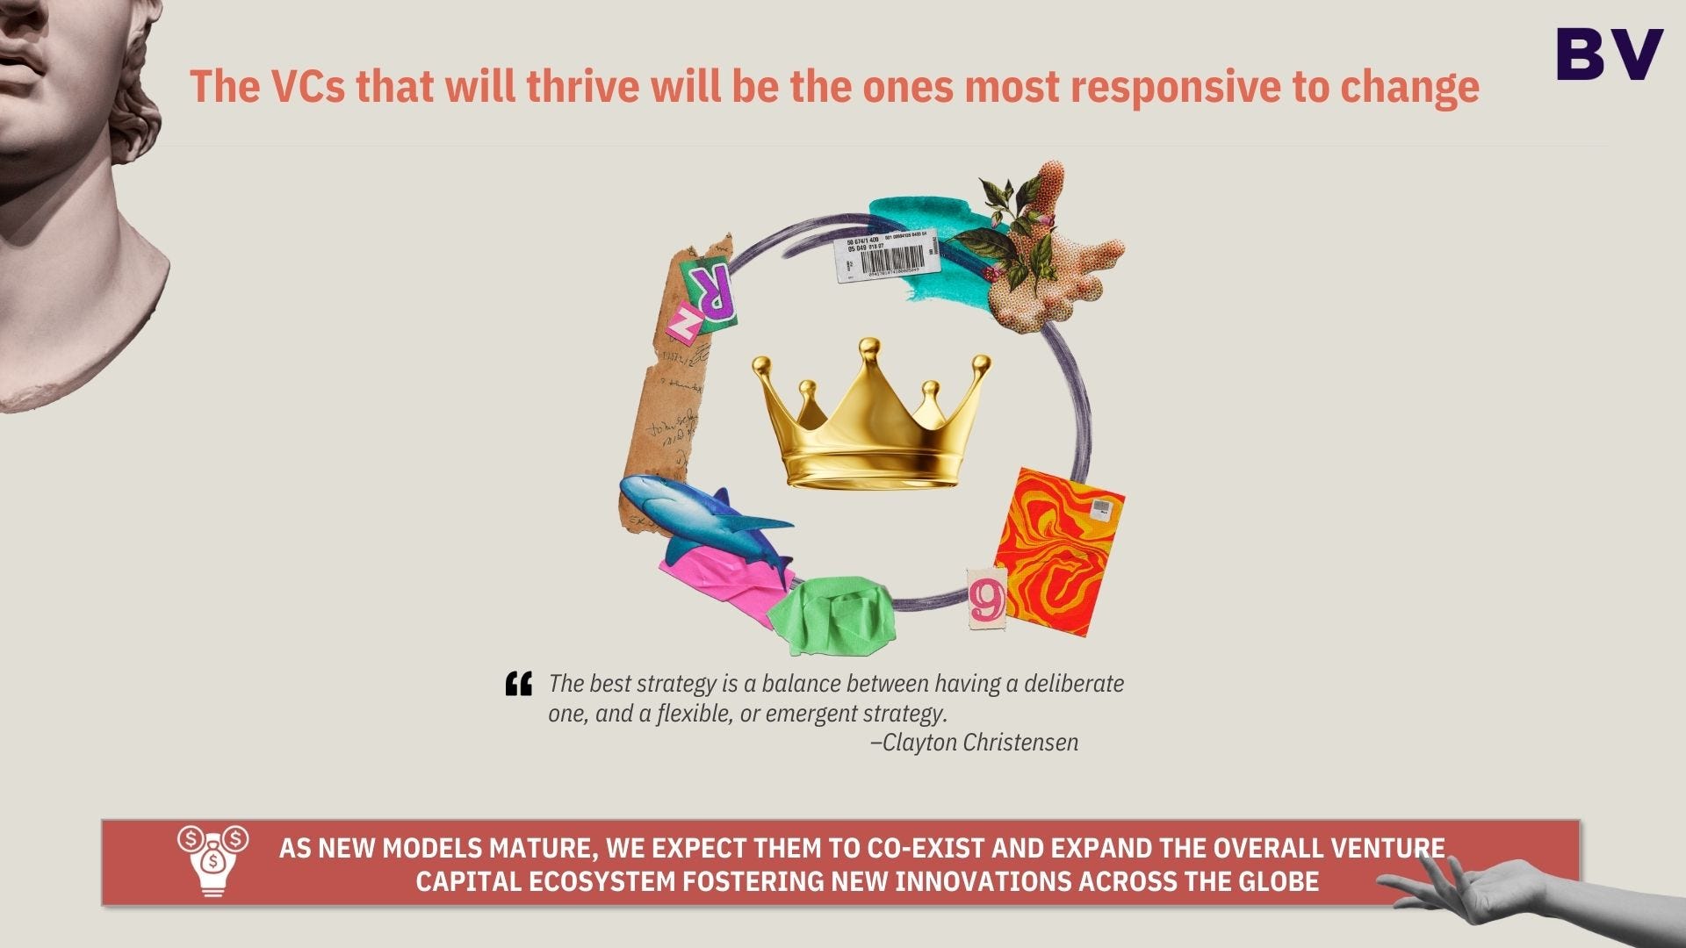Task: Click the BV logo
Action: [x=1610, y=54]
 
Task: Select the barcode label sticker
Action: [x=885, y=255]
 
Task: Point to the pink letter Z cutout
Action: [x=684, y=321]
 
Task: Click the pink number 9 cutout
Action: [x=987, y=600]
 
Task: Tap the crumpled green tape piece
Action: [x=830, y=614]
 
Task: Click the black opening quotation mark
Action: [x=519, y=684]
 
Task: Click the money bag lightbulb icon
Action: [x=213, y=860]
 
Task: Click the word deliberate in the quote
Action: [x=1073, y=684]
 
